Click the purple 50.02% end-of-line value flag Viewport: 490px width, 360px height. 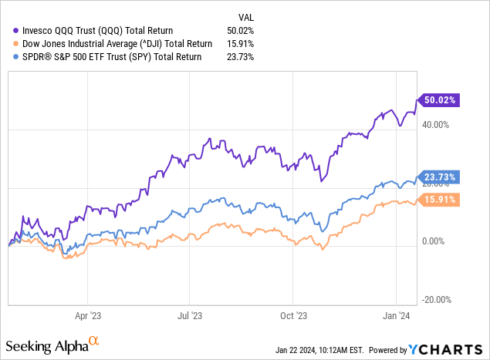pos(438,99)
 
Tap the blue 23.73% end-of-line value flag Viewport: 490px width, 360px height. pos(438,176)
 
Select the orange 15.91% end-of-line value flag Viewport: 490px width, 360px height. pos(438,199)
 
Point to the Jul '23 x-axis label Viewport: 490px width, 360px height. pos(190,315)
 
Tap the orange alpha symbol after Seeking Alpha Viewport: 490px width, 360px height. pos(93,339)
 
